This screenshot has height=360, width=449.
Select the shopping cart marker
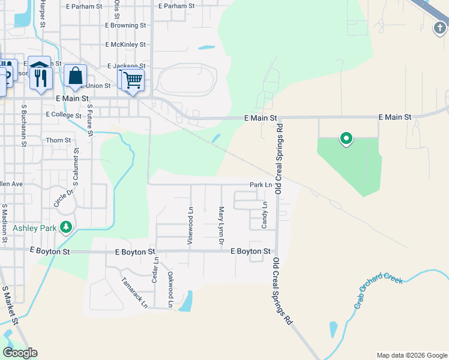click(133, 79)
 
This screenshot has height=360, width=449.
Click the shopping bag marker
click(76, 77)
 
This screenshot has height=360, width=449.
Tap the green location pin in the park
click(346, 139)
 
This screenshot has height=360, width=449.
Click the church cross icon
click(440, 27)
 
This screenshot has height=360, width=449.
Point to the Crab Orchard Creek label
click(378, 292)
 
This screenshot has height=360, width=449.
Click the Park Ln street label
click(261, 185)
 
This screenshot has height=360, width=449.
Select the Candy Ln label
click(264, 215)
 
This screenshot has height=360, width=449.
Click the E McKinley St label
click(125, 44)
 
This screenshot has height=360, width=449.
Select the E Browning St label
click(125, 26)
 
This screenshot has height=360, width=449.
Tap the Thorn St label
click(58, 140)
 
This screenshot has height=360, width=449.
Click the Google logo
click(20, 353)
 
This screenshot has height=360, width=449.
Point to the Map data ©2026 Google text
click(411, 355)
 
